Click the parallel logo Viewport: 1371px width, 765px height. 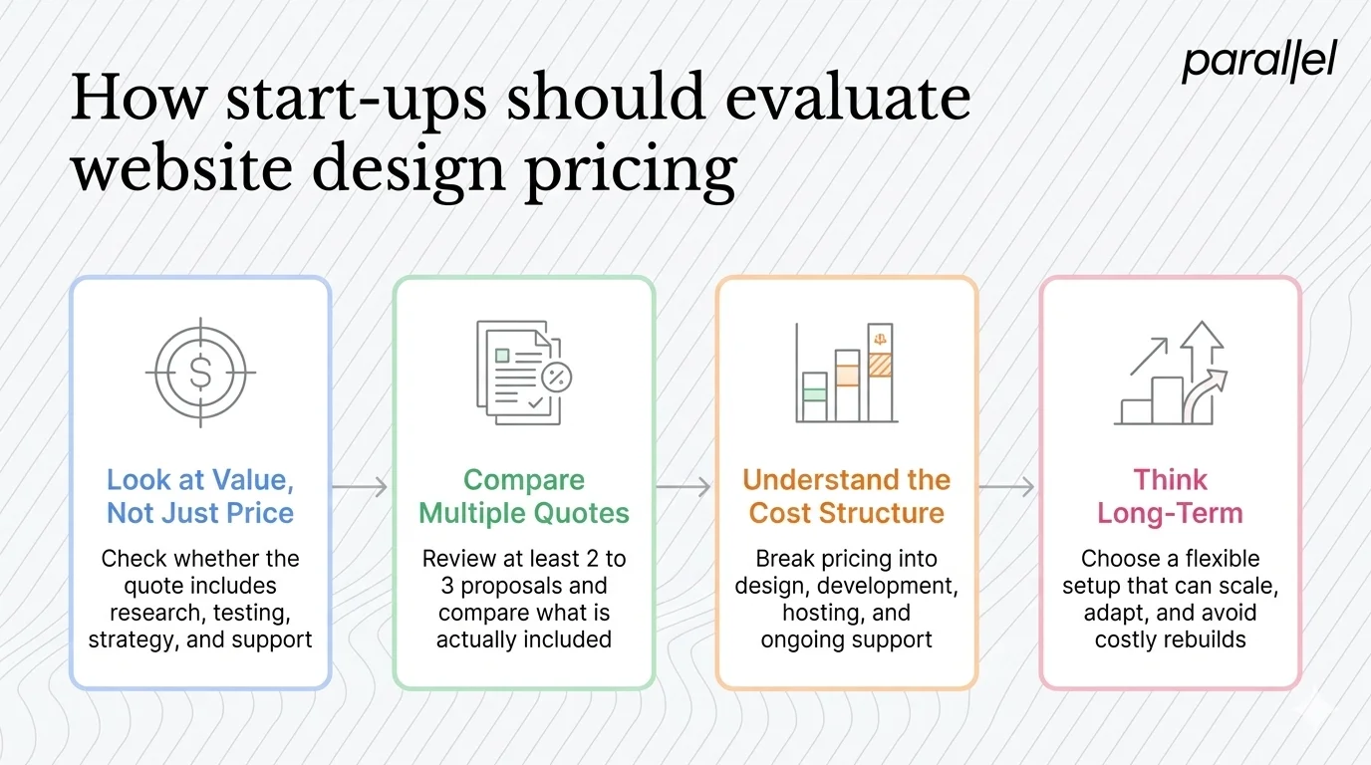coord(1258,63)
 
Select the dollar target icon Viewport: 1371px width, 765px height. coord(199,373)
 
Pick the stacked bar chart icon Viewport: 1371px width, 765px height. coord(847,373)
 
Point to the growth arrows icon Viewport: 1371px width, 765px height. coord(1170,374)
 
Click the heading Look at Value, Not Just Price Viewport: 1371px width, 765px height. coord(200,496)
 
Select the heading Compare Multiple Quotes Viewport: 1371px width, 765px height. coord(524,496)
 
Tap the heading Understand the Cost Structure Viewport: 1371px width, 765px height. coord(847,496)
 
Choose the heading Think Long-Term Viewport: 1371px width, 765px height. coord(1170,496)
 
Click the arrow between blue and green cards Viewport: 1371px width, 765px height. coord(361,486)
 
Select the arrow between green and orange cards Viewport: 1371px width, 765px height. coord(685,486)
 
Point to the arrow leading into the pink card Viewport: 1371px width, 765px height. coord(1008,486)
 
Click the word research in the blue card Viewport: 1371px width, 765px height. coord(149,613)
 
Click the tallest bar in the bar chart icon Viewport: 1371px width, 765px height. coord(880,373)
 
